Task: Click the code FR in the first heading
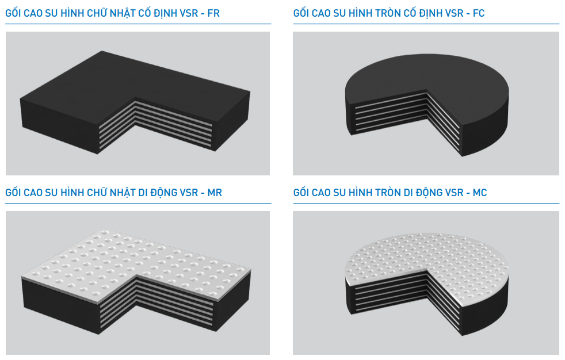pos(213,13)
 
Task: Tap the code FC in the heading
pos(479,13)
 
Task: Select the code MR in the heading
pos(215,193)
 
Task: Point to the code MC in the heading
pos(480,193)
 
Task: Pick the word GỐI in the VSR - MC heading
pos(301,192)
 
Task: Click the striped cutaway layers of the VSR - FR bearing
pos(155,124)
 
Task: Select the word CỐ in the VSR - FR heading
pos(145,13)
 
